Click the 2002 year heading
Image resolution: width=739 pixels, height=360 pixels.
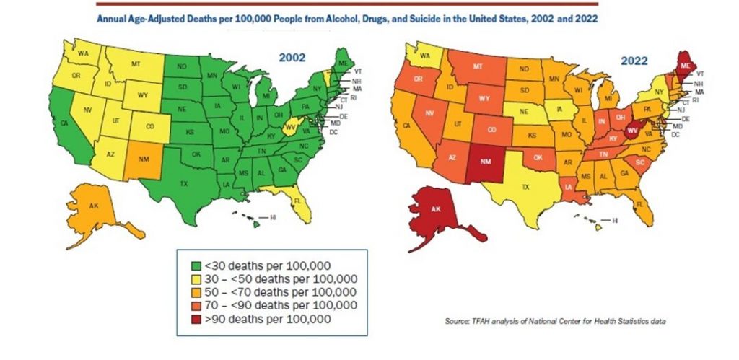294,56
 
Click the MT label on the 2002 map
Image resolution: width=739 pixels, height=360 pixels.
136,65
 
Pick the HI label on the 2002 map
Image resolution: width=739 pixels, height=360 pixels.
273,217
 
